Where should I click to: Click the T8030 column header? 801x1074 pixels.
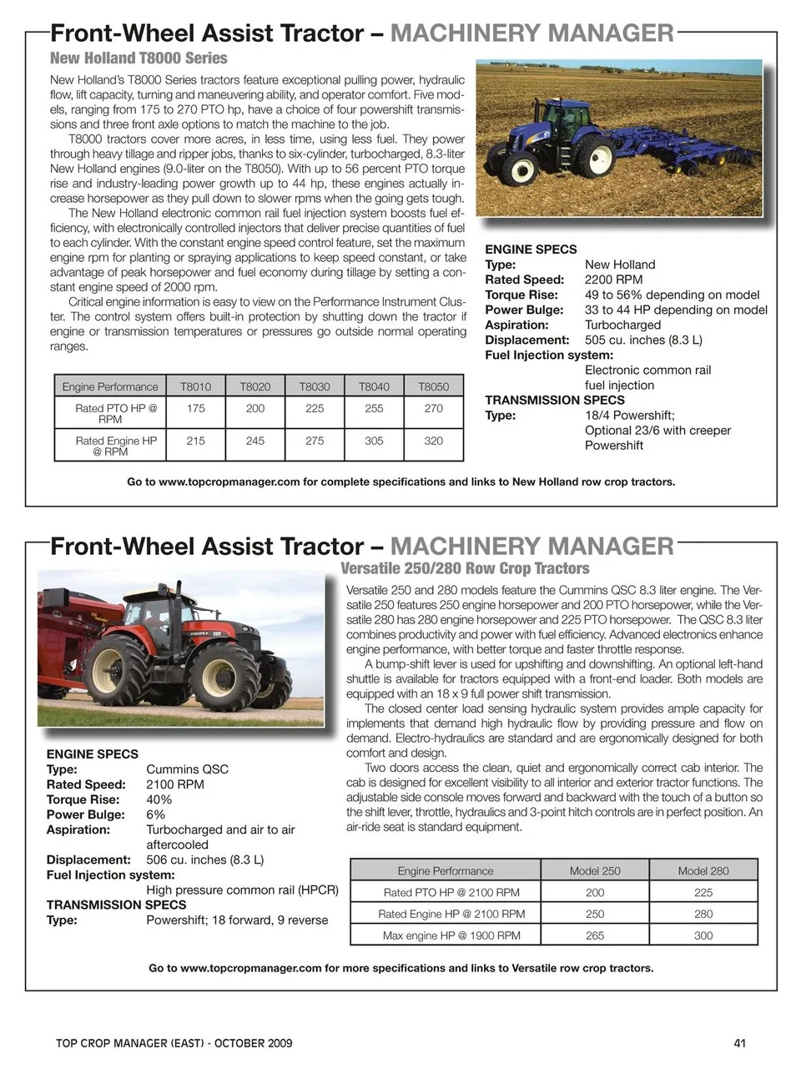[315, 386]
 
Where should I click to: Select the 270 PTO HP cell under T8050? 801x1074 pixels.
[433, 408]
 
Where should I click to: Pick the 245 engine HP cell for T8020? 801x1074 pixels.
[255, 441]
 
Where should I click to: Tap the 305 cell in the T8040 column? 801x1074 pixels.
[374, 441]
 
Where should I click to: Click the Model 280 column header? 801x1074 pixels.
[703, 870]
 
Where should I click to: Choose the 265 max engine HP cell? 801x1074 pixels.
[595, 935]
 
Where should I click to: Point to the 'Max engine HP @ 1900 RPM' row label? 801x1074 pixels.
[451, 935]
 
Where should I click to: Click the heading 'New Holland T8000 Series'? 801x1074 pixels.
[139, 58]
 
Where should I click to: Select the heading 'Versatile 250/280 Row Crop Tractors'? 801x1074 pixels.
[465, 569]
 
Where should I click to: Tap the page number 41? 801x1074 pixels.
[740, 1043]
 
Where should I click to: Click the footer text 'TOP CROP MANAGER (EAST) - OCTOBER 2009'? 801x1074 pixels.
[174, 1043]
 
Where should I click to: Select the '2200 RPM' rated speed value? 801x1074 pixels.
[613, 280]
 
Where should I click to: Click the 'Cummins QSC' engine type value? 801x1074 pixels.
[187, 769]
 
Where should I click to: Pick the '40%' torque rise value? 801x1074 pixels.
[159, 799]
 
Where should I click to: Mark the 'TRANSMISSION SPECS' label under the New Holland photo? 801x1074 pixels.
[555, 400]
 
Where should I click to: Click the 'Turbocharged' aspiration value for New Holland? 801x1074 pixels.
[622, 325]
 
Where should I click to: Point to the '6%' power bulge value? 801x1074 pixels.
[155, 814]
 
